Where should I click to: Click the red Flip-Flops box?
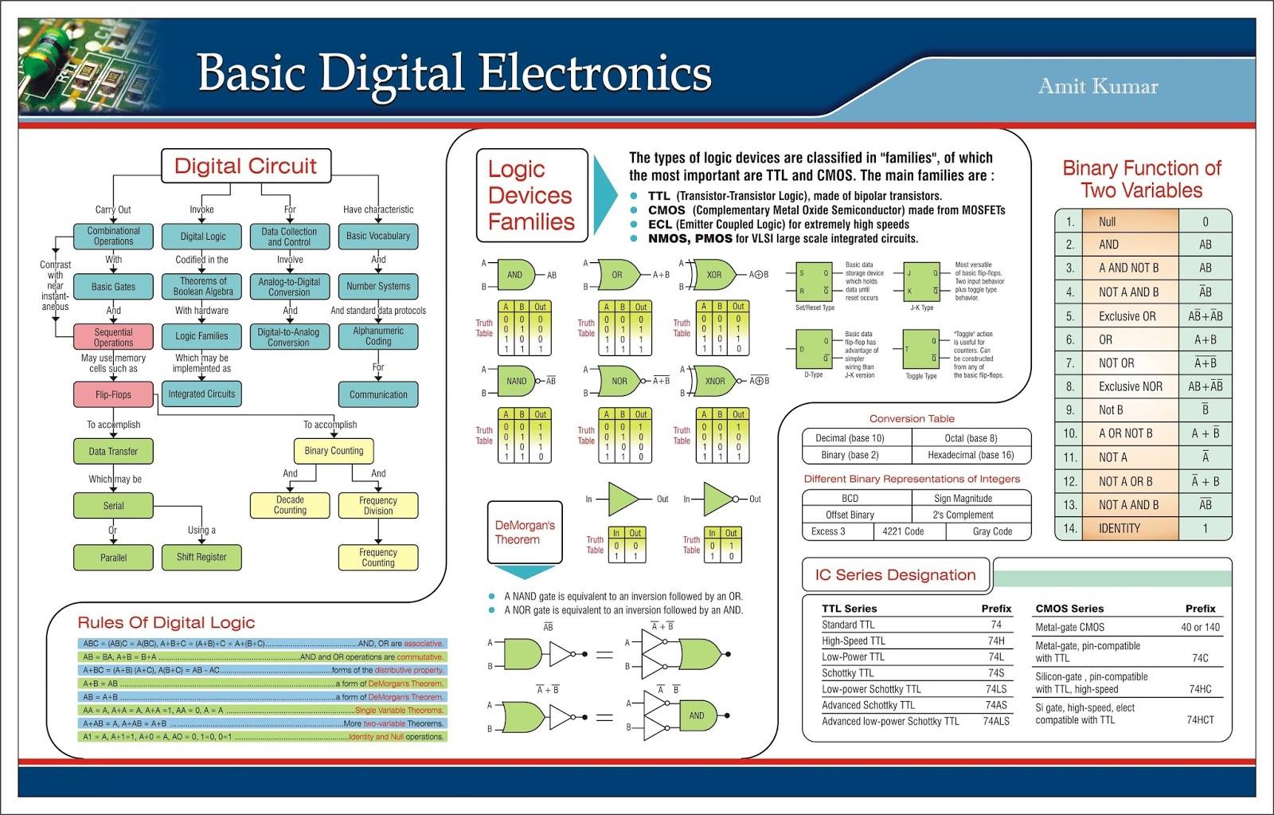[113, 394]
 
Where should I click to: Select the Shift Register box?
[201, 557]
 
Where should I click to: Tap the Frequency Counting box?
[378, 557]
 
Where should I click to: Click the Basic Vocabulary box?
[378, 236]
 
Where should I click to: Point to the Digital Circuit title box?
[245, 166]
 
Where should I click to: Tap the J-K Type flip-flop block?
[922, 282]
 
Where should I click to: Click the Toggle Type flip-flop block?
[920, 350]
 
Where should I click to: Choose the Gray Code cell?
[992, 531]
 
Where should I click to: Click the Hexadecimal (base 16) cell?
[971, 455]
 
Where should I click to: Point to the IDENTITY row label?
[1119, 528]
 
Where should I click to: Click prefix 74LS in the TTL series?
[996, 689]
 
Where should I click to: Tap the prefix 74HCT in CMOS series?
[1200, 719]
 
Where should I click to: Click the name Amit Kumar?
[1098, 86]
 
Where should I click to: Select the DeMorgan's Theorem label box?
[524, 532]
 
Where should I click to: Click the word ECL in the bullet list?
[660, 225]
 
